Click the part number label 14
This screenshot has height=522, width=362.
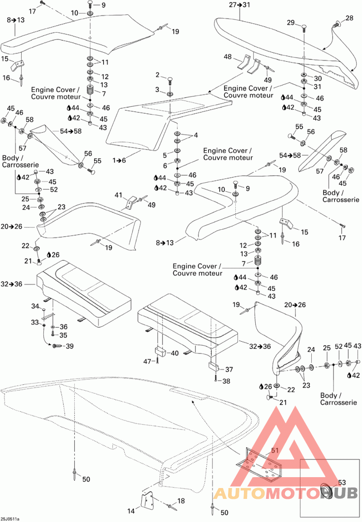[x=131, y=511]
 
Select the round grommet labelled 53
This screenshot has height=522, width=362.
[x=328, y=491]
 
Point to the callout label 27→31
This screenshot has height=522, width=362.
[x=239, y=5]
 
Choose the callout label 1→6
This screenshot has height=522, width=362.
[x=119, y=160]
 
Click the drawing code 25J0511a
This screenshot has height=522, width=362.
[x=10, y=519]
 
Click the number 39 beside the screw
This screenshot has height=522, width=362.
[x=70, y=346]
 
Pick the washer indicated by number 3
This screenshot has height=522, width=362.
[x=170, y=94]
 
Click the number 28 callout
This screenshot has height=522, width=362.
[x=349, y=18]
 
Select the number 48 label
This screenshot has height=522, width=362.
[x=228, y=57]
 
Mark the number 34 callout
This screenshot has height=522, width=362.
[x=35, y=306]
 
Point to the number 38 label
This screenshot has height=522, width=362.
[x=226, y=381]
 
